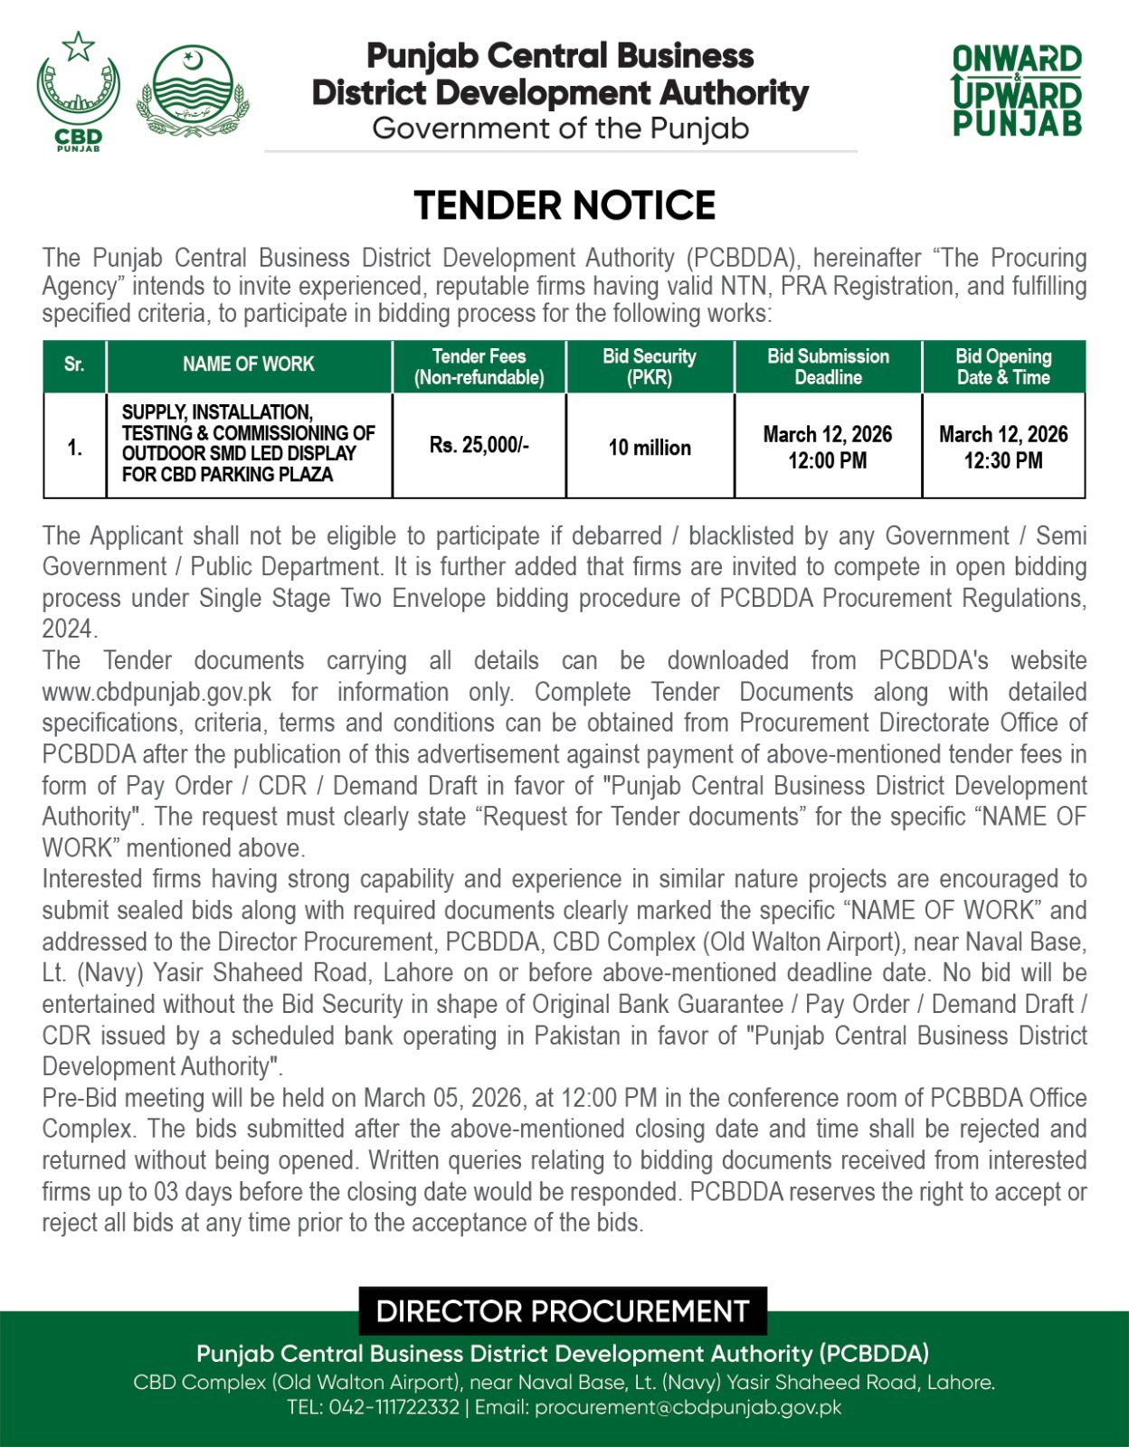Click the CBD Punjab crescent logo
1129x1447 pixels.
point(78,90)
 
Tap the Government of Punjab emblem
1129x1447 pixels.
point(193,91)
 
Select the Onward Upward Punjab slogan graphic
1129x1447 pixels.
point(1017,90)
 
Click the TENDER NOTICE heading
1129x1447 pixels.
point(564,206)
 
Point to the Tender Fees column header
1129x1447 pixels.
point(479,366)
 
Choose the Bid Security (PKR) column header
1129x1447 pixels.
point(650,366)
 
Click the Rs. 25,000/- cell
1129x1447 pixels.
point(479,445)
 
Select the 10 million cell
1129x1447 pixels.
point(650,447)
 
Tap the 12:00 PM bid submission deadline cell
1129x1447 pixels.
point(827,447)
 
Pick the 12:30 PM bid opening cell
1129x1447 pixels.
point(1003,447)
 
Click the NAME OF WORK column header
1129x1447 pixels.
point(248,364)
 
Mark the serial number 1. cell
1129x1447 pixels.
point(74,447)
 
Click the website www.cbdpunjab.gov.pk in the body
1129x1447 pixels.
point(157,693)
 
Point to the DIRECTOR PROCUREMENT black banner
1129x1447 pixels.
point(563,1311)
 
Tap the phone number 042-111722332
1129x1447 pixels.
point(394,1408)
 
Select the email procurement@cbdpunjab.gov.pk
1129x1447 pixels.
point(688,1408)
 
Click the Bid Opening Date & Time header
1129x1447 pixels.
point(1003,366)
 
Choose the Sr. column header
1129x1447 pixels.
point(74,364)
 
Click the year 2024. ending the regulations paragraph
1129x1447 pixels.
point(70,629)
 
